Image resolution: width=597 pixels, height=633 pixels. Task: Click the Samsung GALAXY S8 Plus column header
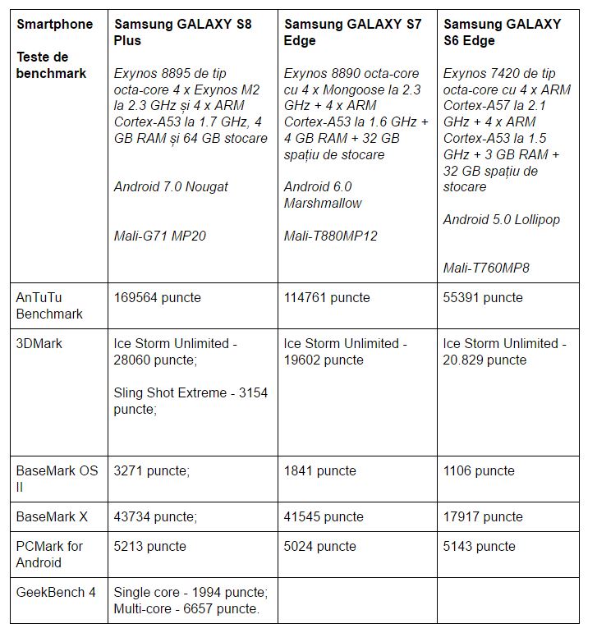tap(182, 32)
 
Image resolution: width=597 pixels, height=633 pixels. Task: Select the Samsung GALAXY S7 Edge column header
tap(352, 32)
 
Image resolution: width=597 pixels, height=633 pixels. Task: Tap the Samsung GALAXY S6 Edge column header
tap(502, 32)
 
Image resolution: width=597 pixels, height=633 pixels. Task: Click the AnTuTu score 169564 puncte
tap(156, 297)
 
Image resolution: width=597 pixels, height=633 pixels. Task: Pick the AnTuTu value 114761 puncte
tap(327, 297)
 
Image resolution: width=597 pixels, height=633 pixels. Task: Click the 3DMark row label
tap(39, 343)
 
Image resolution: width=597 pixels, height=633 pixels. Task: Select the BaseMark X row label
tap(51, 516)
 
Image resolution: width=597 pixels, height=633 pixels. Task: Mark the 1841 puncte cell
tap(320, 470)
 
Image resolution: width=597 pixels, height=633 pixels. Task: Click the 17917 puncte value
tap(483, 516)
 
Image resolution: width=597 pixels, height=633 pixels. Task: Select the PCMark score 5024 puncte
tap(320, 546)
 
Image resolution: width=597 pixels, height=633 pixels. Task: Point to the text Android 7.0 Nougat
tap(171, 186)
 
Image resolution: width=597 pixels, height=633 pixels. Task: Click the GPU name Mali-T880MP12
tap(331, 236)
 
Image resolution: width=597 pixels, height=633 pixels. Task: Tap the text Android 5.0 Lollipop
tap(502, 219)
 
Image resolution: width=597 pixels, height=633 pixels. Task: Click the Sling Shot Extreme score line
tap(191, 400)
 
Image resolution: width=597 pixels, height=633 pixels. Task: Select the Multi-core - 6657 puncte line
tap(186, 608)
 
